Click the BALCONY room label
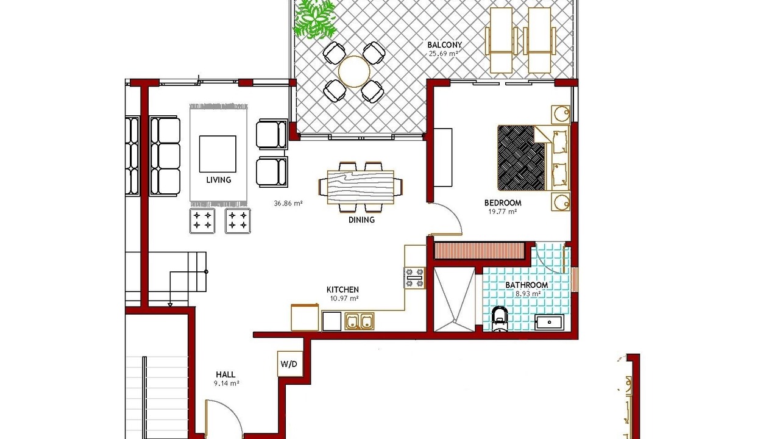444,45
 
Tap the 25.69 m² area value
443,54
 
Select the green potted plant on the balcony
316,19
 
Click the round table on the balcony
354,72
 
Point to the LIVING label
219,180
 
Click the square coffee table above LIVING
218,154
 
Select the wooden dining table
361,187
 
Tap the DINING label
361,220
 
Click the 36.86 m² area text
288,204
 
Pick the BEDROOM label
503,203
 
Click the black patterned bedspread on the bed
521,158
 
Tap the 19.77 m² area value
502,212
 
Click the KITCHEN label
342,290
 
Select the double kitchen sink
360,321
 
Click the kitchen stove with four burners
414,277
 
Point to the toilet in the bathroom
500,318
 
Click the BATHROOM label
526,285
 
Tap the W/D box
289,364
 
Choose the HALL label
225,374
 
